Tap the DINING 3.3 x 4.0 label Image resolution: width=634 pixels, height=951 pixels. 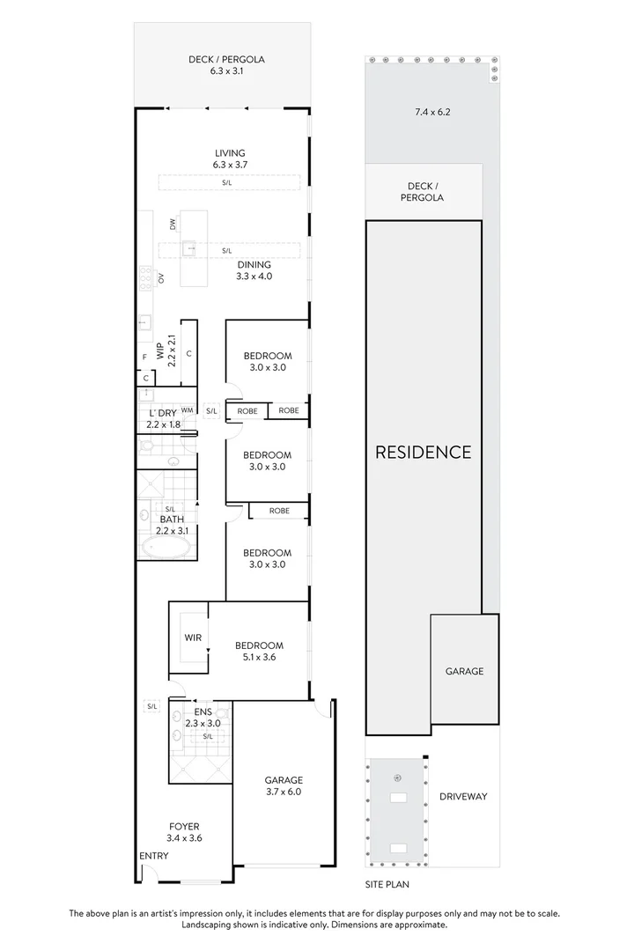[x=254, y=269]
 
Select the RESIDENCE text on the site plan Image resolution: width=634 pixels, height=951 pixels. [x=424, y=453]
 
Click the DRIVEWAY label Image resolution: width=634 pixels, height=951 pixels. [x=462, y=797]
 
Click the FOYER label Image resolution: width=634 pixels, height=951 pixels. [x=185, y=832]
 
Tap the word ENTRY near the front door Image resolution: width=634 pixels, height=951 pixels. [x=153, y=856]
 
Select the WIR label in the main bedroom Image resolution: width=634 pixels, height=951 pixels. [x=194, y=637]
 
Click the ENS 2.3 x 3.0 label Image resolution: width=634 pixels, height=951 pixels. [x=203, y=718]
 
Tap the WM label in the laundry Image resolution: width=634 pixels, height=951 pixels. [x=187, y=409]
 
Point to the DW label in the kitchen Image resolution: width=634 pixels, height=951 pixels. [x=173, y=225]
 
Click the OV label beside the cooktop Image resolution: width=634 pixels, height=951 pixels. [x=161, y=278]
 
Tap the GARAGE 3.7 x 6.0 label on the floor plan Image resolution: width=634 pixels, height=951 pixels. [x=284, y=785]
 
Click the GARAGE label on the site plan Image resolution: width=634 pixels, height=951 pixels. [x=464, y=671]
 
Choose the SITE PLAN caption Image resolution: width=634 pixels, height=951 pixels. [x=387, y=883]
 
